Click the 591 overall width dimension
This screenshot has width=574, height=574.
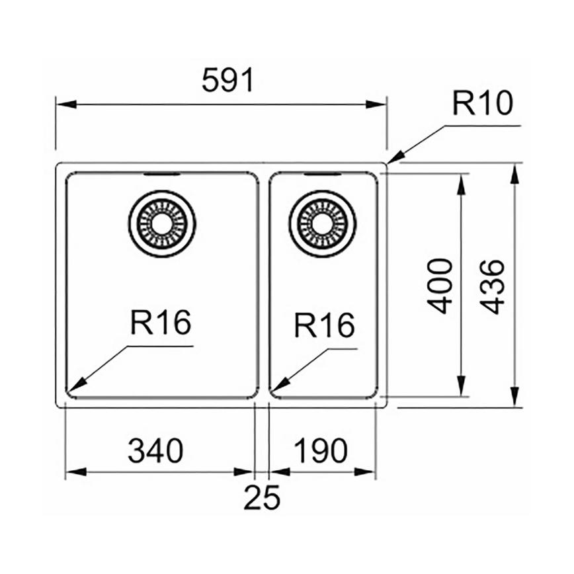[227, 81]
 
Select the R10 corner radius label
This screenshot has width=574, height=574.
[483, 104]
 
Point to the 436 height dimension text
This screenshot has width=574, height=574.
[493, 286]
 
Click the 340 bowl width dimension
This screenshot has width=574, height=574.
[155, 451]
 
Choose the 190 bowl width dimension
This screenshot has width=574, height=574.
[320, 451]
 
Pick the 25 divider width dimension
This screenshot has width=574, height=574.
[262, 498]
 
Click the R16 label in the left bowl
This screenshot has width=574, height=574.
[161, 324]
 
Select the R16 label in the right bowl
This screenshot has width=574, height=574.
[324, 325]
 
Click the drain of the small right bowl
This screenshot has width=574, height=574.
[322, 224]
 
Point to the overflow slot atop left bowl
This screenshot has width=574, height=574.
[161, 175]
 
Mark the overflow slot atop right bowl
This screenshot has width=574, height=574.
[322, 175]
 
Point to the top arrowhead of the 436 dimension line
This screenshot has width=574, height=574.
[516, 171]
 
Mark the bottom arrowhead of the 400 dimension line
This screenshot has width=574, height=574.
[461, 390]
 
